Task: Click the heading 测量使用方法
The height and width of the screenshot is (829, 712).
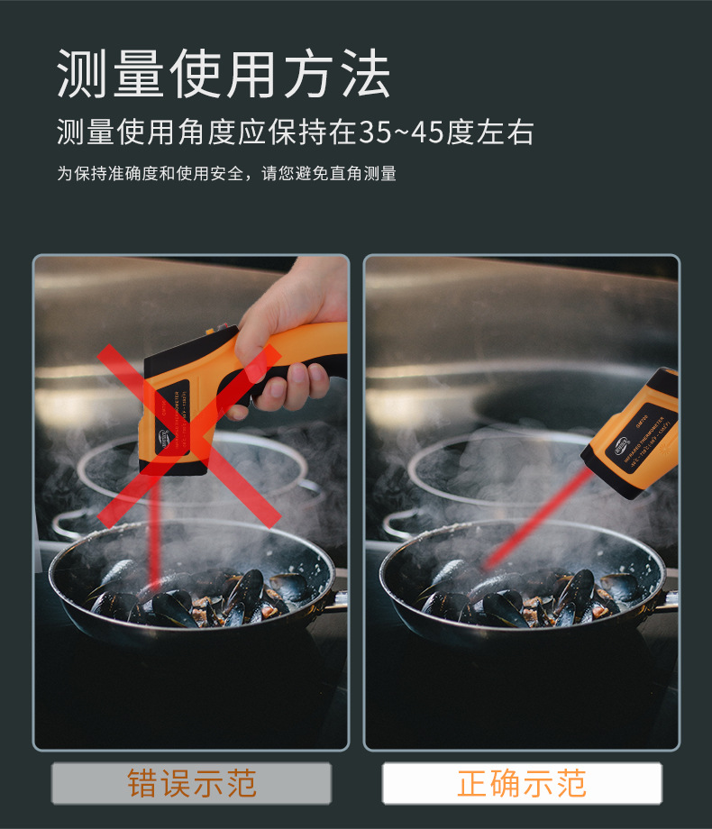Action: click(224, 74)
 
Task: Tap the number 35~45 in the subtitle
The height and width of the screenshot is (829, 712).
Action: click(401, 132)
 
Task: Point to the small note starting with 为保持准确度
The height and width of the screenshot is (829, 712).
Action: click(226, 174)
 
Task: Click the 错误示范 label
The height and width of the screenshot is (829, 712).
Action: click(191, 783)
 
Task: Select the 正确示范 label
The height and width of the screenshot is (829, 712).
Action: click(522, 783)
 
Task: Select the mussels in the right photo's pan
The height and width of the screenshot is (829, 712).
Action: click(532, 600)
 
